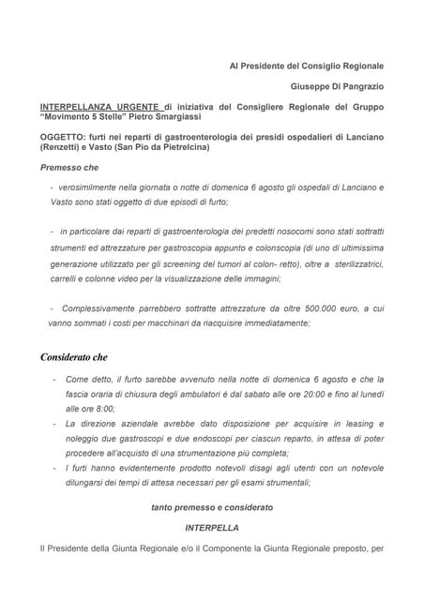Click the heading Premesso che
[68, 168]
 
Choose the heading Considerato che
[74, 357]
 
